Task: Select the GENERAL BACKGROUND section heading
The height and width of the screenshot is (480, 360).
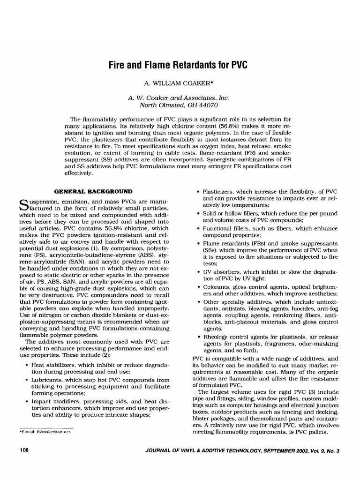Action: tap(93, 191)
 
